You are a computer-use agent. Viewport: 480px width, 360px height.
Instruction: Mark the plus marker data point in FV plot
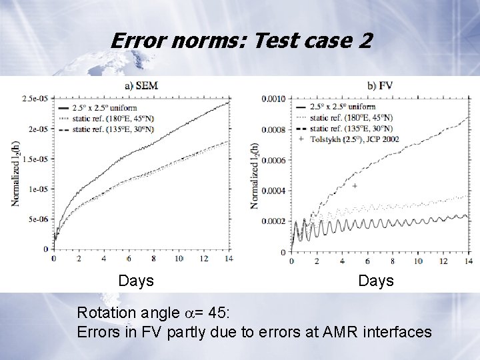tap(355, 185)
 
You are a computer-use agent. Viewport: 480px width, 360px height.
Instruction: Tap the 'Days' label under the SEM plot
tap(136, 281)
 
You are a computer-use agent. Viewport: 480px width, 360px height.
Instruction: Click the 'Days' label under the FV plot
tap(376, 281)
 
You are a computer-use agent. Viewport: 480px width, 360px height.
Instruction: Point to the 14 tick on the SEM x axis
tap(229, 259)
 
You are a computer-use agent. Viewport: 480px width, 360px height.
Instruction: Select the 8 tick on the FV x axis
tap(394, 261)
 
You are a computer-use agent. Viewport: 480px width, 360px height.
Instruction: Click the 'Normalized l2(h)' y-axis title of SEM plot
tap(15, 173)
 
